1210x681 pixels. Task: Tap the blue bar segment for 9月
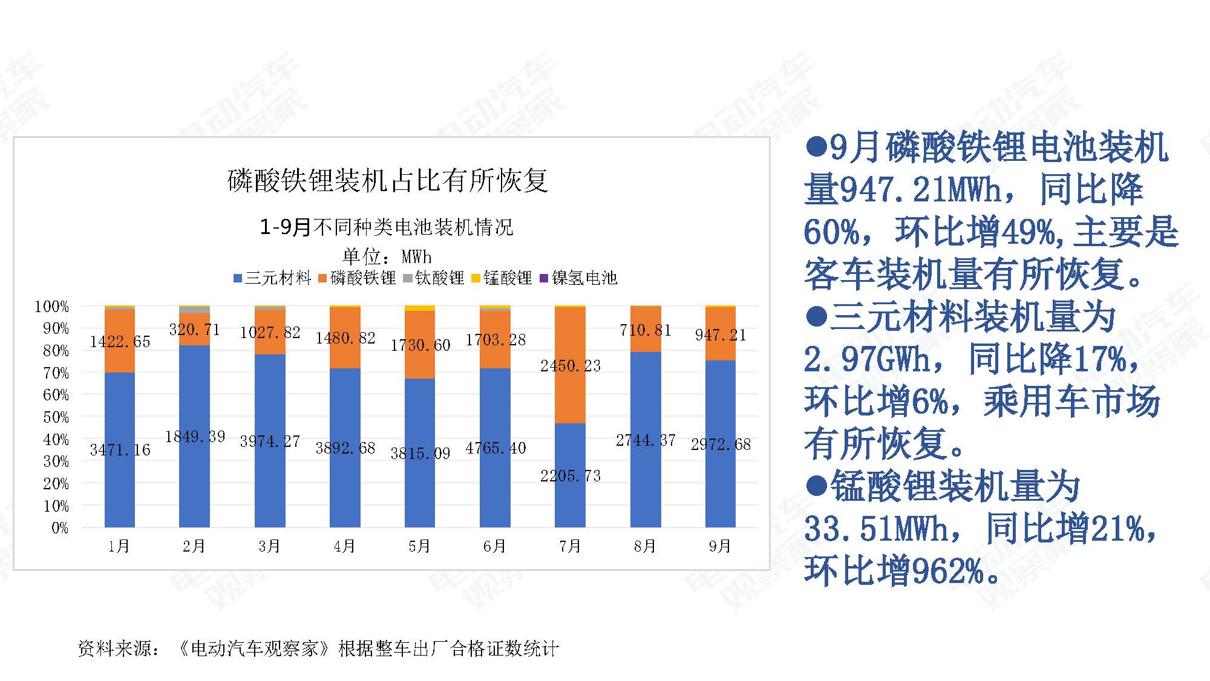tap(720, 484)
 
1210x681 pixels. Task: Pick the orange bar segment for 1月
tap(120, 360)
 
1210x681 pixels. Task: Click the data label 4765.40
tap(495, 448)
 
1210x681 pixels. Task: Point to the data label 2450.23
tap(571, 366)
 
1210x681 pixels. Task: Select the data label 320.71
tap(194, 330)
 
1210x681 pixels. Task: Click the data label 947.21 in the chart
tap(720, 335)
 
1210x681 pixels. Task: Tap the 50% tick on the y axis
tap(56, 417)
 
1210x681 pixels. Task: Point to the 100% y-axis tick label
tap(52, 307)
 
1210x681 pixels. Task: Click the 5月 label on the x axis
tap(419, 547)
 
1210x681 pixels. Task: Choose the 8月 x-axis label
tap(645, 547)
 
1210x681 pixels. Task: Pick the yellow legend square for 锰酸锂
tap(476, 278)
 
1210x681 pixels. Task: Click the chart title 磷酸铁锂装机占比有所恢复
tap(388, 181)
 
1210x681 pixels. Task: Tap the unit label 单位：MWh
tap(387, 257)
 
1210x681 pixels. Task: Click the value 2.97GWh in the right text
tap(866, 360)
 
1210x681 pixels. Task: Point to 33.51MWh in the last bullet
tap(876, 530)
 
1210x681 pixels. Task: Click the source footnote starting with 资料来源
tap(318, 649)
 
